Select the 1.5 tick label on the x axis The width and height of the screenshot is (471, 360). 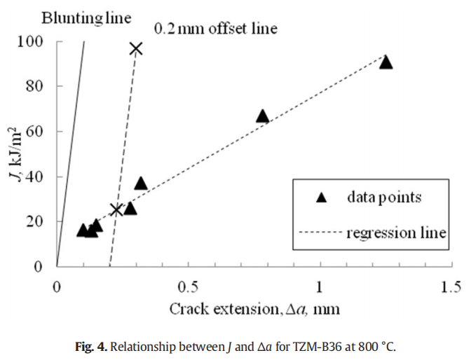pyautogui.click(x=451, y=286)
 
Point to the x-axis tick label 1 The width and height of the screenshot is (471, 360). pyautogui.click(x=320, y=286)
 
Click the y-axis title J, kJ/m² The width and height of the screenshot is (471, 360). pyautogui.click(x=15, y=155)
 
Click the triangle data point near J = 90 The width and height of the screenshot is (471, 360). pyautogui.click(x=385, y=62)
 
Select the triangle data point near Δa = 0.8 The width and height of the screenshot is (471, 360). pyautogui.click(x=262, y=116)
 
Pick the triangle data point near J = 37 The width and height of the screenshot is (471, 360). pyautogui.click(x=141, y=183)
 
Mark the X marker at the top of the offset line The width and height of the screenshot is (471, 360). pyautogui.click(x=136, y=48)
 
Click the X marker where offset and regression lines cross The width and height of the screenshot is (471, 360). pyautogui.click(x=116, y=209)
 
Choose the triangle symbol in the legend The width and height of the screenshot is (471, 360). pyautogui.click(x=322, y=198)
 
